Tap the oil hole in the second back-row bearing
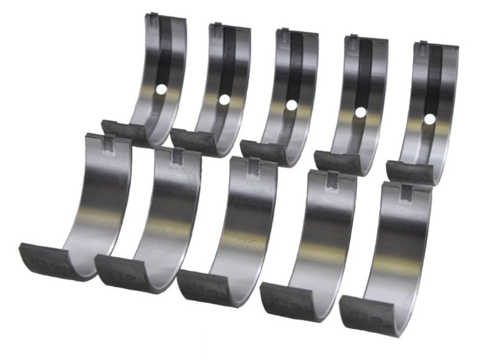(x=224, y=100)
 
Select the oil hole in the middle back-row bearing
(x=291, y=106)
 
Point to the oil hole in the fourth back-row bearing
(x=360, y=112)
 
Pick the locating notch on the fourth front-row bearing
(x=332, y=180)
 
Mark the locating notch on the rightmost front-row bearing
(x=407, y=191)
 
